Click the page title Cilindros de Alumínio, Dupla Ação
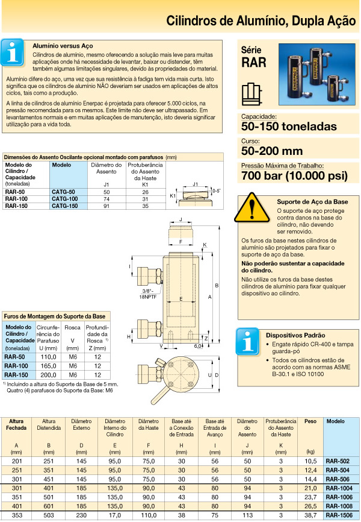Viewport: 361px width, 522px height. point(261,21)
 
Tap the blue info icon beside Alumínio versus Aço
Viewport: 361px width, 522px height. point(14,53)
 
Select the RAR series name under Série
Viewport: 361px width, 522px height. point(253,61)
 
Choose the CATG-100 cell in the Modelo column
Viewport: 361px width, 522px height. point(65,199)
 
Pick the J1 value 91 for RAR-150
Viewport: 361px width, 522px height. point(106,206)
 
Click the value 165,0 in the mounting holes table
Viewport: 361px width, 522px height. point(48,366)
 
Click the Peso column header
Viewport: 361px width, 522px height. point(310,421)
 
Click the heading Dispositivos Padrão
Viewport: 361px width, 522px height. point(296,335)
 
